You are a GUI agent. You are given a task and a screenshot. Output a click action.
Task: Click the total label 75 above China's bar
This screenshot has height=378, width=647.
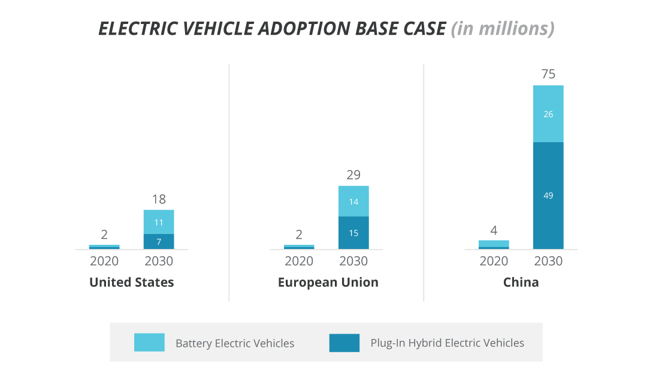[x=548, y=74]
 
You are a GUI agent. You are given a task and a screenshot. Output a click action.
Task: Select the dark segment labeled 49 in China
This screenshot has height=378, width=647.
[x=548, y=196]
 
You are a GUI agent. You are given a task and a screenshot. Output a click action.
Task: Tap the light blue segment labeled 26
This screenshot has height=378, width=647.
[x=548, y=114]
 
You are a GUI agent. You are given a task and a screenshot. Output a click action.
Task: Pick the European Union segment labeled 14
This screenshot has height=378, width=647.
[x=353, y=202]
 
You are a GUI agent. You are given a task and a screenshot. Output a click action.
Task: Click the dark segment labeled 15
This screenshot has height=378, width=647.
[x=353, y=233]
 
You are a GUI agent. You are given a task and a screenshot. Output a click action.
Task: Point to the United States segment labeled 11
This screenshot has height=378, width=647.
[x=159, y=222]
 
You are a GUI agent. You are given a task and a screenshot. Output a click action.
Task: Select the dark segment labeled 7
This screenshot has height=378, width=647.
[x=159, y=242]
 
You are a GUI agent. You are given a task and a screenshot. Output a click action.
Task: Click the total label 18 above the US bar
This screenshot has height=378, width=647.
[x=159, y=199]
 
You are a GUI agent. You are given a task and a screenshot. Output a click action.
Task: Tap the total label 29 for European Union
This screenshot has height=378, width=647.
[x=353, y=175]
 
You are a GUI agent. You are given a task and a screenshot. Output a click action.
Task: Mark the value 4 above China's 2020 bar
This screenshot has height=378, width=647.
[x=494, y=230]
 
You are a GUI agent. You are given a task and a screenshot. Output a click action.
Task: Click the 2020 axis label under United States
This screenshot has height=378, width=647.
[x=104, y=262]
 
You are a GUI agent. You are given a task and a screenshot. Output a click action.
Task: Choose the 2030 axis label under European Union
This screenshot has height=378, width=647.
[x=353, y=262]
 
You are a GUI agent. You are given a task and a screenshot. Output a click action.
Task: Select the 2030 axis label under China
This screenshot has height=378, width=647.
[x=548, y=262]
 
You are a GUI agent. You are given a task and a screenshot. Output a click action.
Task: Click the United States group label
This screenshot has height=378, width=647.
[x=131, y=283]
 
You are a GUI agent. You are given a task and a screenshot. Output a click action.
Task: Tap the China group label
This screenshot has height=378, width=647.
[x=521, y=283]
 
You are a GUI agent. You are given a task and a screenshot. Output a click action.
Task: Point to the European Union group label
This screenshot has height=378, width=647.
[x=328, y=283]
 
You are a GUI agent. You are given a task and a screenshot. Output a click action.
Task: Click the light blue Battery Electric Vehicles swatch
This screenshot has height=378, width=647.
[x=149, y=343]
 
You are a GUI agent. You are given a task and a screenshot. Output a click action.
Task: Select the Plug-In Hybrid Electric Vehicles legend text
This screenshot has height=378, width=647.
[x=447, y=343]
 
